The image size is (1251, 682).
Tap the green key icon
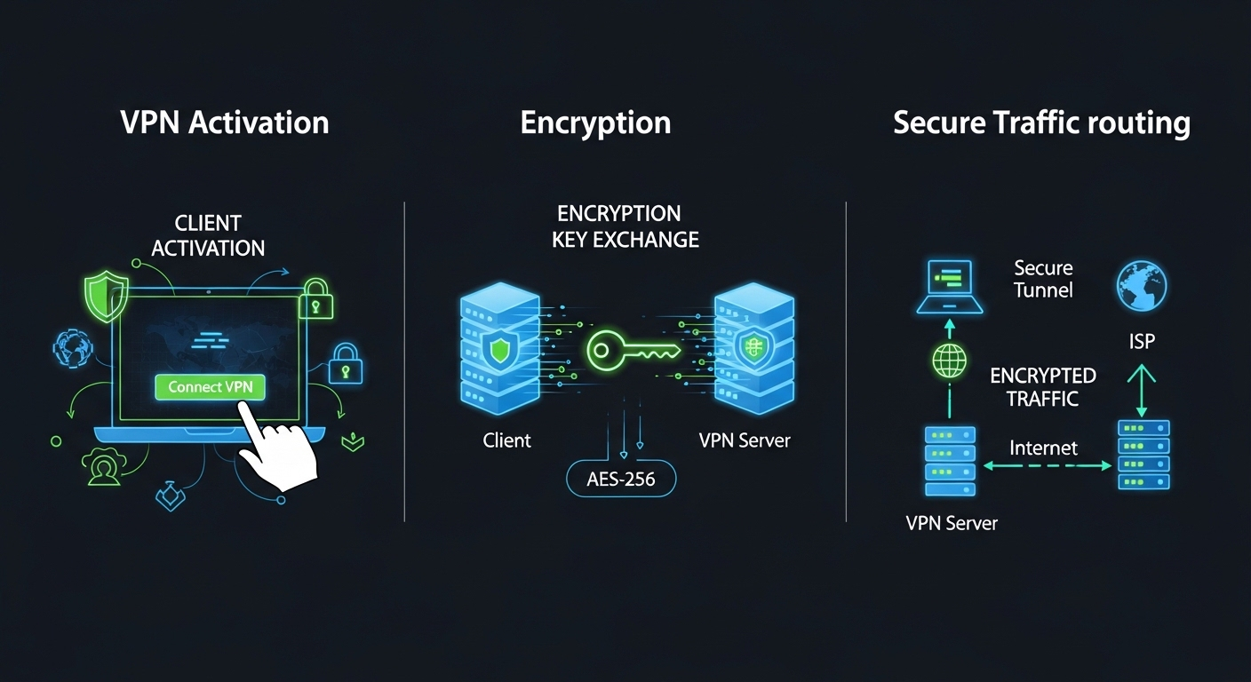pyautogui.click(x=632, y=349)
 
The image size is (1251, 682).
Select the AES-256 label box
pyautogui.click(x=620, y=480)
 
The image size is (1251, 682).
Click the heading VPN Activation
pyautogui.click(x=224, y=123)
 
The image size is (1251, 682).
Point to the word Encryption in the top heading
pyautogui.click(x=595, y=123)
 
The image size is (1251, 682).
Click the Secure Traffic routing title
pyautogui.click(x=1041, y=123)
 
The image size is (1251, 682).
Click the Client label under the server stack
pyautogui.click(x=506, y=440)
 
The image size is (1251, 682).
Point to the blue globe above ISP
pyautogui.click(x=1141, y=287)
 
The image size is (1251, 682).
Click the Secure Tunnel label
pyautogui.click(x=1043, y=279)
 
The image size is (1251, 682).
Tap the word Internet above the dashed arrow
pyautogui.click(x=1043, y=448)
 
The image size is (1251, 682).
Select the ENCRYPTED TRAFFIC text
pyautogui.click(x=1043, y=387)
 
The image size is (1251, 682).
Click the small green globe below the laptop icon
pyautogui.click(x=949, y=361)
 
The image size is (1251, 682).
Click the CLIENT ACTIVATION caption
pyautogui.click(x=208, y=235)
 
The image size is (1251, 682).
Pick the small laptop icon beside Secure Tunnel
pyautogui.click(x=950, y=286)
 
